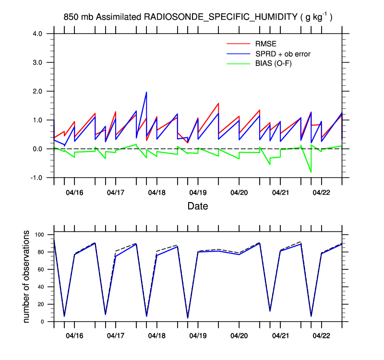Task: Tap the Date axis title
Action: tap(198, 206)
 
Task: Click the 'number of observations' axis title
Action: tap(27, 276)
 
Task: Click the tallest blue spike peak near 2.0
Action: tap(146, 92)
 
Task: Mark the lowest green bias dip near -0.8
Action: tap(311, 172)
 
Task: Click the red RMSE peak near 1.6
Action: tap(218, 103)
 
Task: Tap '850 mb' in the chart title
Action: tap(79, 17)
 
